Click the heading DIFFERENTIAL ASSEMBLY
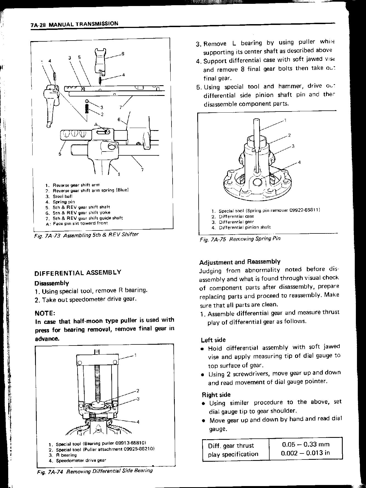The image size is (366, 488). click(x=78, y=273)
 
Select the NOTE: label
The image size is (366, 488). click(x=45, y=313)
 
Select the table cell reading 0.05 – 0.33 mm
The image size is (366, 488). click(x=305, y=444)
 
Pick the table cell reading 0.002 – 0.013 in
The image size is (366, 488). click(x=305, y=453)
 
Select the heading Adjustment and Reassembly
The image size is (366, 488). click(x=240, y=262)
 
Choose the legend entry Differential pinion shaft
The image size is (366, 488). click(x=245, y=227)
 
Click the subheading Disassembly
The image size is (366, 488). click(x=52, y=283)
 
